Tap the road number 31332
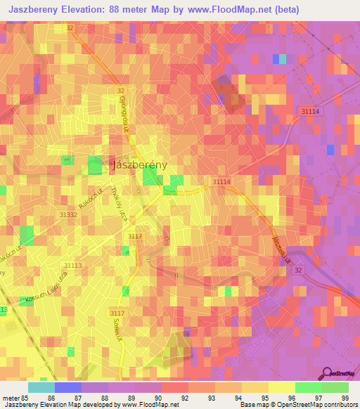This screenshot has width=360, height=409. (68, 215)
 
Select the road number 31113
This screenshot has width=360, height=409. (72, 265)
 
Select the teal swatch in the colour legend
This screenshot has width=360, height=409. (41, 387)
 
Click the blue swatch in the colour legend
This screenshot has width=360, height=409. (68, 387)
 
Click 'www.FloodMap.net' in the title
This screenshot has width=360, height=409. (238, 10)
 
